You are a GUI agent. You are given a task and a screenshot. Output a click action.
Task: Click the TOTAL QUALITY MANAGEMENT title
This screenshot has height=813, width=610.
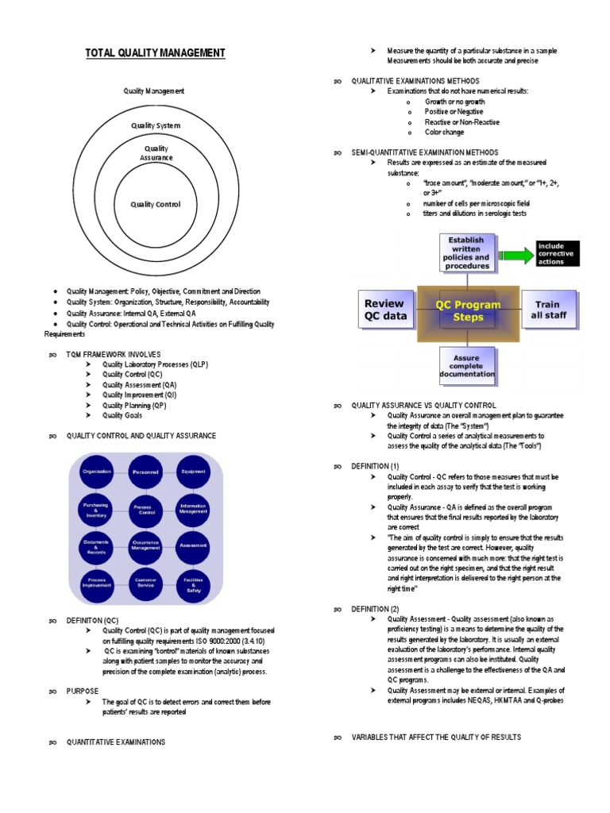(x=156, y=53)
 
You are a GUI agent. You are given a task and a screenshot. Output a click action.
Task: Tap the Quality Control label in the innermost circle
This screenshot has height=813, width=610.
(x=156, y=205)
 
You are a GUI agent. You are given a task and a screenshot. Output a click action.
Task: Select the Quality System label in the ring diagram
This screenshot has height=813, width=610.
(x=156, y=125)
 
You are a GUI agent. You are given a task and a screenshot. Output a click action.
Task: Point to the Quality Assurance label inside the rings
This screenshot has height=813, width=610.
(x=156, y=153)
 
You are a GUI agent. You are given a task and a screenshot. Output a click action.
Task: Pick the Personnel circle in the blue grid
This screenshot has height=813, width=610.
(x=144, y=472)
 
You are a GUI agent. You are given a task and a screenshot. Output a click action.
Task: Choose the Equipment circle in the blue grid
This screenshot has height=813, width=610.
(x=193, y=472)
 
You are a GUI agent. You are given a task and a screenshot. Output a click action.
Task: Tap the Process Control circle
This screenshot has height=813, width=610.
(x=144, y=509)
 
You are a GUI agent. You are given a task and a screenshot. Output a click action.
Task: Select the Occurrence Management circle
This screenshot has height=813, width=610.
(x=144, y=545)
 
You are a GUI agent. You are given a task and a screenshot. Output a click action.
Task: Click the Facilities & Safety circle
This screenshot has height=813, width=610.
(x=193, y=584)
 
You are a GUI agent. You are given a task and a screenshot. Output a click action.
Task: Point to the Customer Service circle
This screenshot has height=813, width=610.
(x=144, y=584)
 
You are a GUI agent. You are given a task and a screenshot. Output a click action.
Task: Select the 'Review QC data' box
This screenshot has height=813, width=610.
(x=385, y=310)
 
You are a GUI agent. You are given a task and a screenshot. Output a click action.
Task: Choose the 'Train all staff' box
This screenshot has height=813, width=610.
(x=547, y=310)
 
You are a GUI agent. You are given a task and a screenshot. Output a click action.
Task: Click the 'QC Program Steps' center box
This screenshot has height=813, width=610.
(x=468, y=310)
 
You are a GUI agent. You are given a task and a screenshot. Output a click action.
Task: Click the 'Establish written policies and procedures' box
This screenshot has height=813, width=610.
(x=467, y=252)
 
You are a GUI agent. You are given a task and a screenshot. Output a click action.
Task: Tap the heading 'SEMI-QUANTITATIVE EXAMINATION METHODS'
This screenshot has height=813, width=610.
(x=425, y=152)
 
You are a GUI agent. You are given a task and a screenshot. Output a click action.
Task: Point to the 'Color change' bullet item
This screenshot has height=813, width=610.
(x=444, y=133)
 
